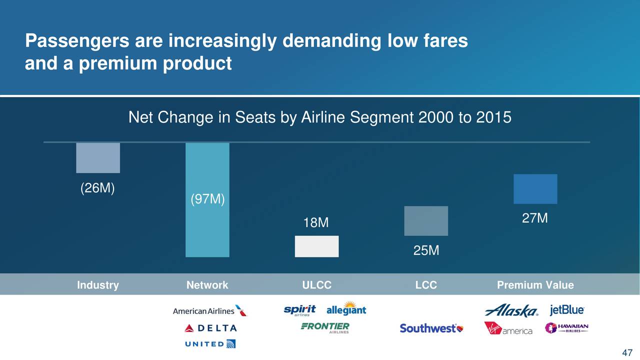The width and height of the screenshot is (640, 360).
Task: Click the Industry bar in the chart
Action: (98, 157)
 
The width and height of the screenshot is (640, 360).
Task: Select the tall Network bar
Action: (207, 200)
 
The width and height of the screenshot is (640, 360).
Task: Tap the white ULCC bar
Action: (317, 246)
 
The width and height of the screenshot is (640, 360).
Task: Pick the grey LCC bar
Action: (426, 221)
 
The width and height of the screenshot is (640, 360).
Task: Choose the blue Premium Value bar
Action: (535, 189)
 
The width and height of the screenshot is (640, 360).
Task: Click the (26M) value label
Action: (97, 188)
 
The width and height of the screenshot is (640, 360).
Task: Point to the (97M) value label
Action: (207, 199)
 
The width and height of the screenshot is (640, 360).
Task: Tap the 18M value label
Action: (316, 222)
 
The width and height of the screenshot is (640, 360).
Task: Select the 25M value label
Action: (426, 250)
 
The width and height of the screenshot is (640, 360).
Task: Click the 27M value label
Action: (535, 218)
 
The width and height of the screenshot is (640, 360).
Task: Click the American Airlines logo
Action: (210, 311)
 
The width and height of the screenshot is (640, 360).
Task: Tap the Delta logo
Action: (210, 328)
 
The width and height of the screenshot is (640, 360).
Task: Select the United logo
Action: (210, 344)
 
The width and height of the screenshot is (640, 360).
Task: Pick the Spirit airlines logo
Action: (299, 310)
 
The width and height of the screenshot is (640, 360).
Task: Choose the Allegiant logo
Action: (346, 308)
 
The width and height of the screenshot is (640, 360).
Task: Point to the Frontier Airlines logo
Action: (325, 328)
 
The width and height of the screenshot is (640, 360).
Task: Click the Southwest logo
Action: (431, 328)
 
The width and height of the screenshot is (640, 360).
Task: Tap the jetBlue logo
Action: (567, 310)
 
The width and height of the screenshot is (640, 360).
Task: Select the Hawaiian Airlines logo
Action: (566, 328)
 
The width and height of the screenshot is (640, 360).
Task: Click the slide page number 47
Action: (627, 353)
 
